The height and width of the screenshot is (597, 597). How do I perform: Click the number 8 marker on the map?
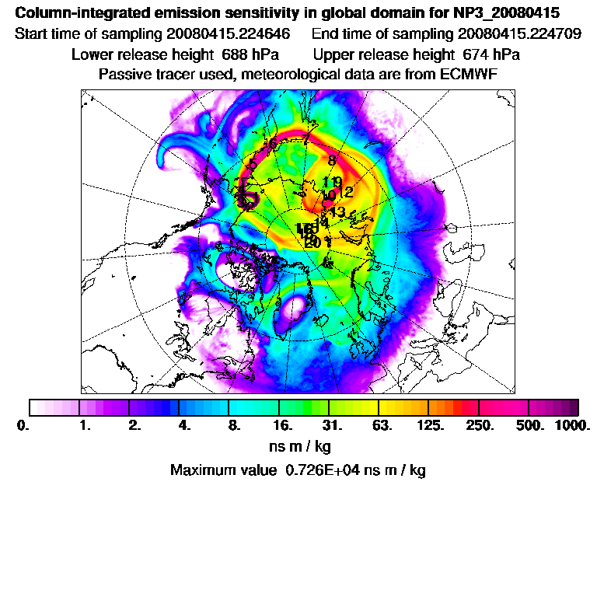point(331,160)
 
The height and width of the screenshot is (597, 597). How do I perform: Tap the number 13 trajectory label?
point(337,211)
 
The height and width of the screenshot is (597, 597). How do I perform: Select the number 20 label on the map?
point(312,243)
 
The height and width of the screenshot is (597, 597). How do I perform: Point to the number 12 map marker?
point(347,191)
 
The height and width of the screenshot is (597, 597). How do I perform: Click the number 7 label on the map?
point(306,138)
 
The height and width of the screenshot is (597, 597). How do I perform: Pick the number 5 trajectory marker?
point(253,165)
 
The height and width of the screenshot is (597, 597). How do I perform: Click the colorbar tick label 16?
point(283,425)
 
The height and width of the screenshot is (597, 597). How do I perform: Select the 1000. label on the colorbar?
point(572,425)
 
